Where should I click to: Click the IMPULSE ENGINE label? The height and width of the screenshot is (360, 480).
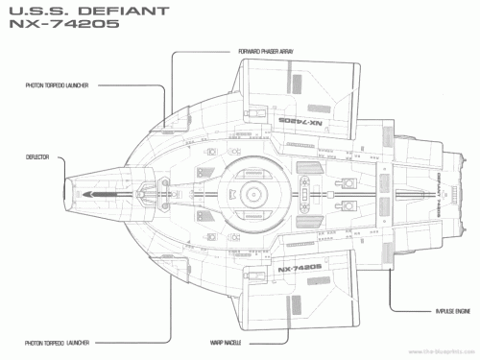(422, 312)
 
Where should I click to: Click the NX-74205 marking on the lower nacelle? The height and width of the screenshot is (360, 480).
(300, 269)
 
